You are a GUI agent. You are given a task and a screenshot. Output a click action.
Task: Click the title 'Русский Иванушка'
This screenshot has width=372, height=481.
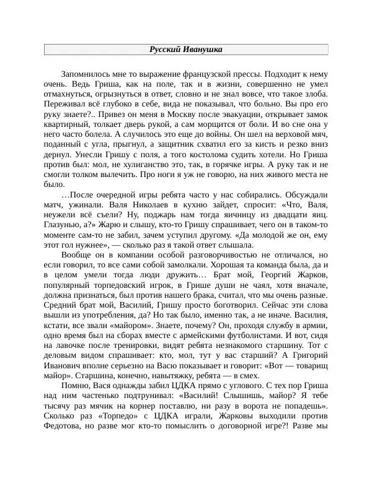point(186,50)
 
